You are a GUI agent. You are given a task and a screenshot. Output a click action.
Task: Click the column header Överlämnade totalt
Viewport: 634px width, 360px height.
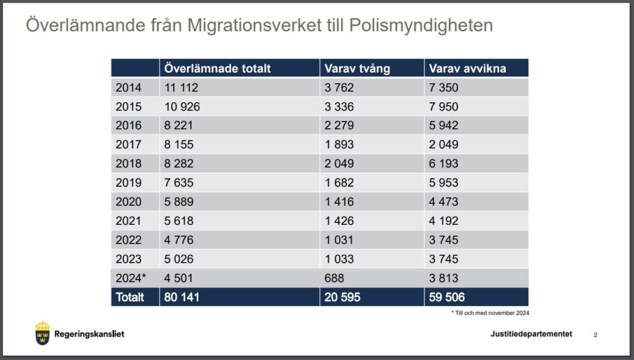[218, 69]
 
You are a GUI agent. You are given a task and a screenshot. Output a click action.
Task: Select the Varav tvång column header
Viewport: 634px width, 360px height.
[357, 69]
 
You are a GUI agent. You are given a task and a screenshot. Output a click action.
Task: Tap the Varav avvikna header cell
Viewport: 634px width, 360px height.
[467, 69]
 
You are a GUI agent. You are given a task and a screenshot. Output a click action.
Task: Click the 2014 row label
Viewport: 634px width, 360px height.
[128, 88]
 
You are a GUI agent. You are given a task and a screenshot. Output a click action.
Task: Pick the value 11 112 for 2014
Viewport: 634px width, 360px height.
[181, 88]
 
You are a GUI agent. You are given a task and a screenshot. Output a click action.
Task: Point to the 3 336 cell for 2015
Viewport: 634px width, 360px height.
[339, 107]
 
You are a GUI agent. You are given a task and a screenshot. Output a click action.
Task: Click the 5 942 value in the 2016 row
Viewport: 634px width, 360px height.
[443, 125]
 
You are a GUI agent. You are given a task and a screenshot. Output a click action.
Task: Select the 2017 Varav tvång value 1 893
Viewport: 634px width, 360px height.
[339, 144]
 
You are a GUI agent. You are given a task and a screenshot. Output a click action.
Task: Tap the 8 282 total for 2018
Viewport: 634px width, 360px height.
[179, 164]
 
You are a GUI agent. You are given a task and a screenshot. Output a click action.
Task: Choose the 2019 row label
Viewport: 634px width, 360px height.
[128, 183]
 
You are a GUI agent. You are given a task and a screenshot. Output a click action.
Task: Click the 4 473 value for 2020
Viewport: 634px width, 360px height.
[443, 201]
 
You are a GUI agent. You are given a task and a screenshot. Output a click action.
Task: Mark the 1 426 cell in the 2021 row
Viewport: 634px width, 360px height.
[339, 221]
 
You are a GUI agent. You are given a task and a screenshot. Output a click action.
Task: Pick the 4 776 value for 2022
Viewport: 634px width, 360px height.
[179, 240]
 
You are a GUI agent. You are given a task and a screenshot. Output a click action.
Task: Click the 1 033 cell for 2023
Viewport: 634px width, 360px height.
[339, 259]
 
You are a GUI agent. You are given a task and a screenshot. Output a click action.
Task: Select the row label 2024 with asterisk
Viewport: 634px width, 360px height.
[131, 278]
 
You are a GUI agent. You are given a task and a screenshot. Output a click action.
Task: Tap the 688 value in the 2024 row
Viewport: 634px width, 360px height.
[334, 278]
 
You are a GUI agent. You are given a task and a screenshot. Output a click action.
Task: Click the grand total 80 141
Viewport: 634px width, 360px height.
[182, 297]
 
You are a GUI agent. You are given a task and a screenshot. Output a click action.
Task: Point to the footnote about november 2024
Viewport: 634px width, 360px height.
[490, 313]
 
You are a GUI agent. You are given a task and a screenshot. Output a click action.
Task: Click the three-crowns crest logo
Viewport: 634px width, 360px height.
[42, 333]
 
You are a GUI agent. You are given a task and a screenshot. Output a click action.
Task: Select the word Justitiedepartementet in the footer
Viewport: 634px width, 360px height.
[531, 334]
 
